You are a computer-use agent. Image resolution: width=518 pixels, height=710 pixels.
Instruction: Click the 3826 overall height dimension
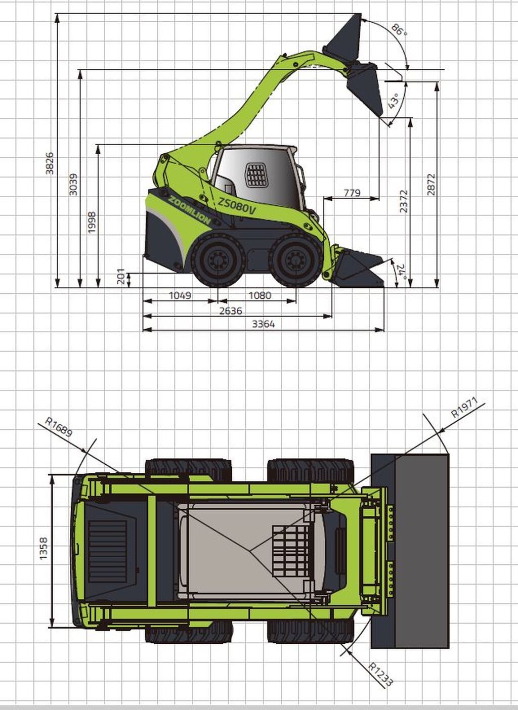[50, 163]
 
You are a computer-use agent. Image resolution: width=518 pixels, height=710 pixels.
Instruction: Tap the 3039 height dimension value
[73, 184]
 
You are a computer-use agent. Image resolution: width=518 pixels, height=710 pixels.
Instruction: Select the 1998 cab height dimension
[92, 223]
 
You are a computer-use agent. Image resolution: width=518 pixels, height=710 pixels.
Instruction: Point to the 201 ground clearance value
[121, 277]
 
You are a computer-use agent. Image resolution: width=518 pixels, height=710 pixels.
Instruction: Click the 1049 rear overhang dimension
[180, 295]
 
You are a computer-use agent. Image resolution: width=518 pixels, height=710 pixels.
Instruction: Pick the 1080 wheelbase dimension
[260, 295]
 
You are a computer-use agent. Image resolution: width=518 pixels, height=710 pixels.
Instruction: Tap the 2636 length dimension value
[231, 310]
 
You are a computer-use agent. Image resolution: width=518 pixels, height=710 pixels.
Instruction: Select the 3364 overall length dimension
[264, 324]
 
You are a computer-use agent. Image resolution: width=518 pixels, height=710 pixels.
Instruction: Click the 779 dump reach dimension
[352, 192]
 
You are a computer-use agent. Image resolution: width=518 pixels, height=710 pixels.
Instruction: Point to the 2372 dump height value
[404, 201]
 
